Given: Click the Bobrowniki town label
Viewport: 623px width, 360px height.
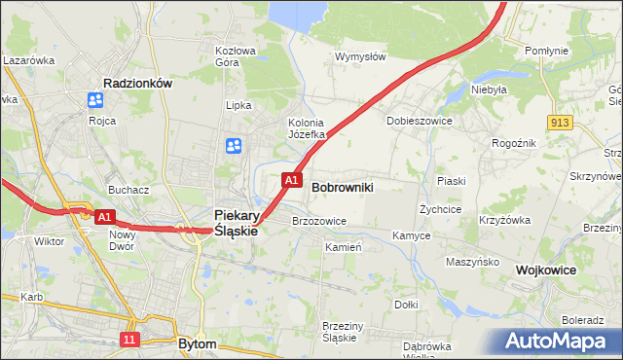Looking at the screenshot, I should coord(343,185).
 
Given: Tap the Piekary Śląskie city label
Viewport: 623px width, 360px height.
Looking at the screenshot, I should coord(236,223).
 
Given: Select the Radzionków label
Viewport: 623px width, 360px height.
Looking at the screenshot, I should coord(137,84).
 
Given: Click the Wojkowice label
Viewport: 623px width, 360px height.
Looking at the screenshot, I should coord(546,270).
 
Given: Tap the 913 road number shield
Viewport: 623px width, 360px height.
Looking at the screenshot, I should coord(559,122).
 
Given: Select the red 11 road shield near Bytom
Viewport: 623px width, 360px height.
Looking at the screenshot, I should coord(129,339).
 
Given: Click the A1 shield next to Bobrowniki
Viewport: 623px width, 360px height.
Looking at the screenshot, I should coord(291,180).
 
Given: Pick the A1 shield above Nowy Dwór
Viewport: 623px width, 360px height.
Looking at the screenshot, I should coord(106,216).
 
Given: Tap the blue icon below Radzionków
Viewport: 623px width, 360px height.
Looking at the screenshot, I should coord(95,100).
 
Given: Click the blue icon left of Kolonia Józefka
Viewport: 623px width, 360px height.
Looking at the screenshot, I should coord(235,146).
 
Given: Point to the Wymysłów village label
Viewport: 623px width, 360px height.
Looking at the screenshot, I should coord(361,56).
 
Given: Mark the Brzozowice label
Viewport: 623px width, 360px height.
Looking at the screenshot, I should coord(319,221).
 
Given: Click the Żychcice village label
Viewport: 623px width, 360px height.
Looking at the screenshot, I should coord(439,208).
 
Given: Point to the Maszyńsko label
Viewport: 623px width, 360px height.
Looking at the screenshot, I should coord(472,262).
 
